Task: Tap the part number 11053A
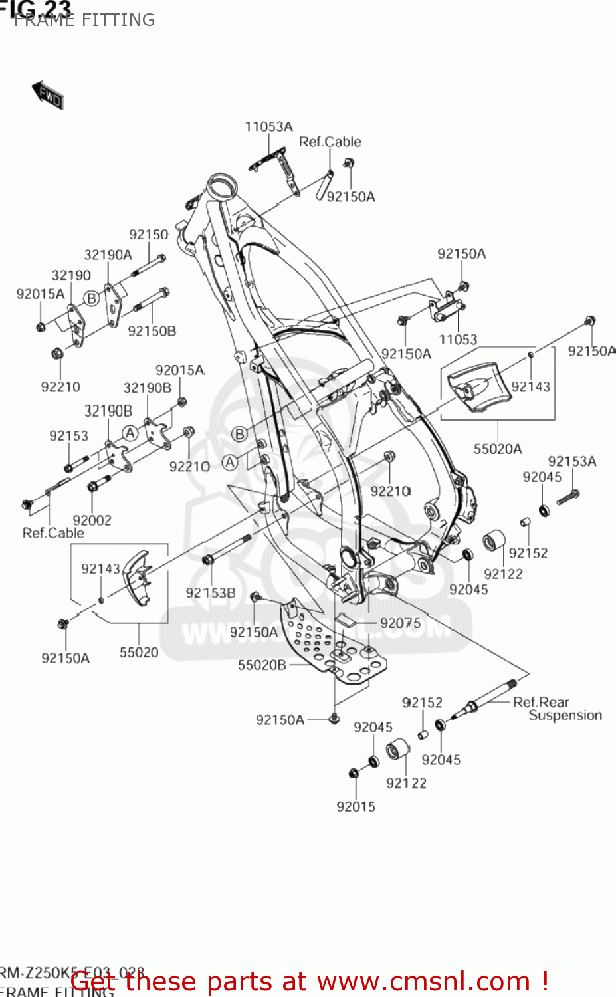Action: [x=268, y=126]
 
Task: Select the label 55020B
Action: [x=262, y=665]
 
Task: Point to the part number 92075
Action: [x=400, y=623]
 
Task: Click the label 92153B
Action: [x=211, y=593]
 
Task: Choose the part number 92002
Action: [x=92, y=520]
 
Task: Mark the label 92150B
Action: [x=152, y=331]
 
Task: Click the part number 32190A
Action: [x=108, y=255]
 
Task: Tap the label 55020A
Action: [x=497, y=449]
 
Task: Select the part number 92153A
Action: [x=571, y=461]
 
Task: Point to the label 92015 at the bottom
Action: [x=356, y=806]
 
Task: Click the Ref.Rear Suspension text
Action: [x=557, y=709]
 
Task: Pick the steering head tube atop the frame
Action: [x=220, y=184]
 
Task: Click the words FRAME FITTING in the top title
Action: [x=84, y=20]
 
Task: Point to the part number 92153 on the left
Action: [x=68, y=435]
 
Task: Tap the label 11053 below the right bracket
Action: [x=458, y=340]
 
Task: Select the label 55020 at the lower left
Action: [x=139, y=652]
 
